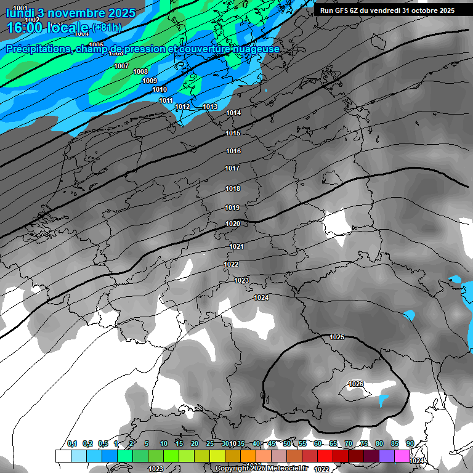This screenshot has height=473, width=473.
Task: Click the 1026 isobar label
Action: (356, 384)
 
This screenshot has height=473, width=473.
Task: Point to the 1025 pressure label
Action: (337, 337)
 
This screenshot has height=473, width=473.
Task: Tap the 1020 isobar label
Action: (233, 224)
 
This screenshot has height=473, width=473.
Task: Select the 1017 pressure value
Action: (232, 168)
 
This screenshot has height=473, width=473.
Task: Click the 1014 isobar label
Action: (233, 113)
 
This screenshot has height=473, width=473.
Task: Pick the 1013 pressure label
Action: (210, 107)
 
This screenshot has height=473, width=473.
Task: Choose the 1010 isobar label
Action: (160, 89)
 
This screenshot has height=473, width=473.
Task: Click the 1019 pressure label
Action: (232, 208)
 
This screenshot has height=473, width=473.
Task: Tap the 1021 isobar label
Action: (236, 246)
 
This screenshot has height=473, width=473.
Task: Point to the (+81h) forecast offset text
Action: (107, 28)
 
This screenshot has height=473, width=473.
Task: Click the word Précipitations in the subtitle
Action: (36, 49)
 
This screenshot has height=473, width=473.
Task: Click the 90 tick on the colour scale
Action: (410, 443)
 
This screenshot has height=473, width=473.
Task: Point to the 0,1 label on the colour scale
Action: (72, 443)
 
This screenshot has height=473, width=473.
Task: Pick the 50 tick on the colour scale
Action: (287, 443)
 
